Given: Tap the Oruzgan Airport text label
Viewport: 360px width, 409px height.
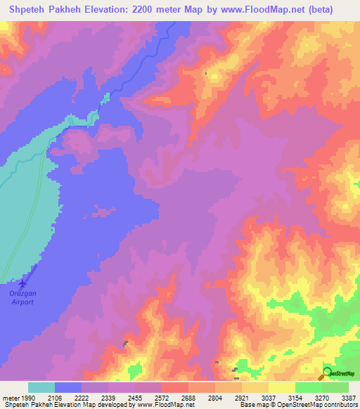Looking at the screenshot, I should click(x=22, y=297).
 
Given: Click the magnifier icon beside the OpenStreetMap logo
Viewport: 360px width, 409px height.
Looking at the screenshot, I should click(x=327, y=373).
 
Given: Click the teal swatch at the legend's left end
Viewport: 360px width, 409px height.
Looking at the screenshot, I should click(x=41, y=387).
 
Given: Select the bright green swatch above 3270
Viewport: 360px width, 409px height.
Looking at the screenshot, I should click(x=309, y=387).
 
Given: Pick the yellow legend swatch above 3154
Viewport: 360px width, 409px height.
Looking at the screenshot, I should click(x=282, y=387).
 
